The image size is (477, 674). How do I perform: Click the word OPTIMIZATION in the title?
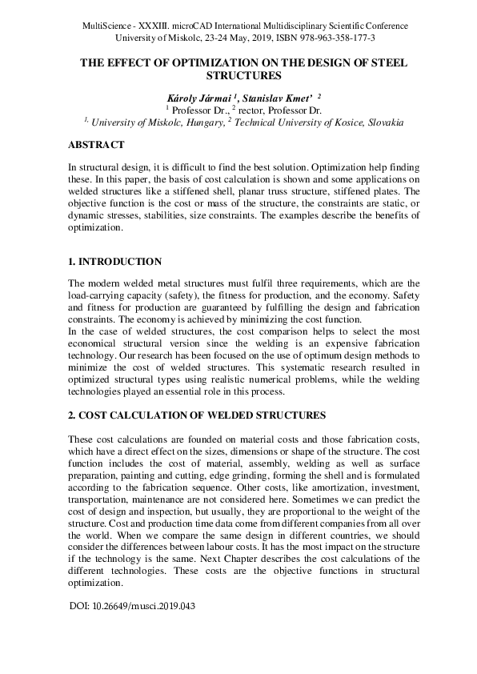pos(199,62)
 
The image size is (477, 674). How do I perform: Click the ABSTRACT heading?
pos(96,145)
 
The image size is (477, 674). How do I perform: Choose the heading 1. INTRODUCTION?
pos(114,262)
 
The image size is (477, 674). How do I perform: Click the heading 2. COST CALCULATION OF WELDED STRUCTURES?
pos(197,415)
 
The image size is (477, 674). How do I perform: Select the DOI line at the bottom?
pos(133,606)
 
